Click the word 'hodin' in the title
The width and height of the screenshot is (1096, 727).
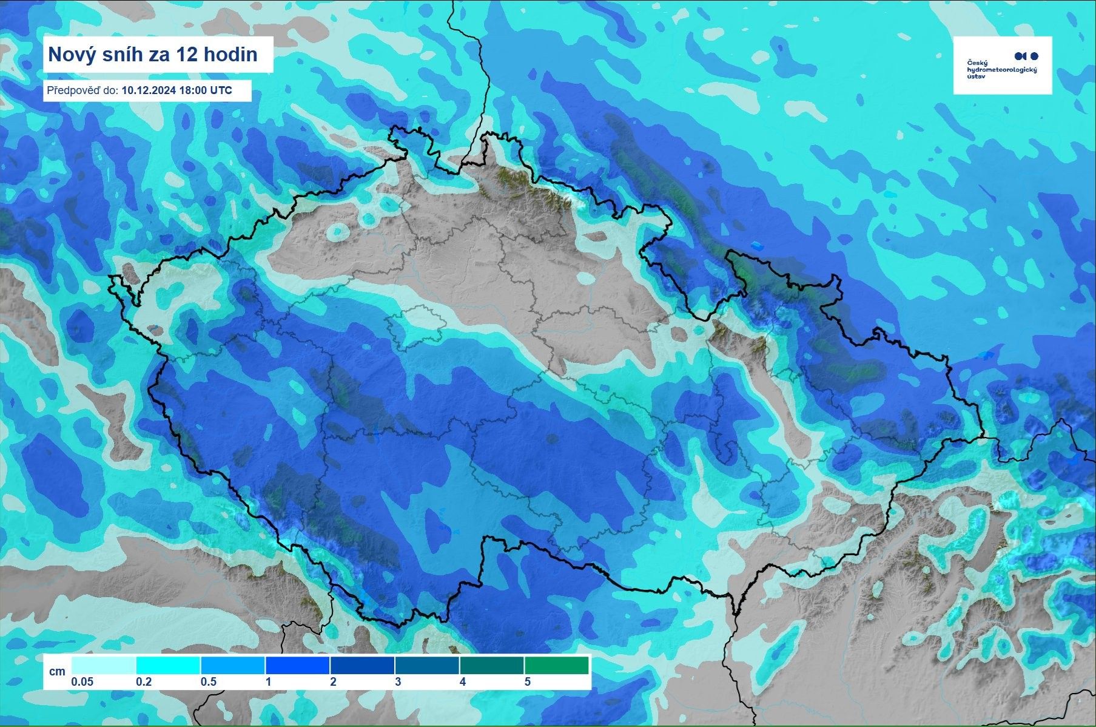pos(234,55)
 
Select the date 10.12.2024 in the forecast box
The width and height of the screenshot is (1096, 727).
pos(149,90)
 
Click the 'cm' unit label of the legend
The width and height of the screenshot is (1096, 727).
pos(57,671)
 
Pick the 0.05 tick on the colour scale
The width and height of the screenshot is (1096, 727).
pos(82,682)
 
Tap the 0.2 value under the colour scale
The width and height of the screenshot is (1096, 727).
pos(144,682)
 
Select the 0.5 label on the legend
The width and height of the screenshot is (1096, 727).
pos(208,682)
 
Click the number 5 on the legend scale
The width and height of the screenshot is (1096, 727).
pos(527,682)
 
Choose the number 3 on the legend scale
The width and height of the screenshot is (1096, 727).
pos(398,682)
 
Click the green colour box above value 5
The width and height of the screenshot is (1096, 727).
pos(556,665)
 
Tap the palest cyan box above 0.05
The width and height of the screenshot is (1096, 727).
pos(104,665)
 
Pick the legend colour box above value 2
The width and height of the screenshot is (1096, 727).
pos(362,665)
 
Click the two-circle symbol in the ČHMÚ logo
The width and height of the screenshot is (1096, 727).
pos(1026,56)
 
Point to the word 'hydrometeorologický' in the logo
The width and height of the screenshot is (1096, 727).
pos(1001,70)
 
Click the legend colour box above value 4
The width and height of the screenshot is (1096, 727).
pos(491,665)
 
